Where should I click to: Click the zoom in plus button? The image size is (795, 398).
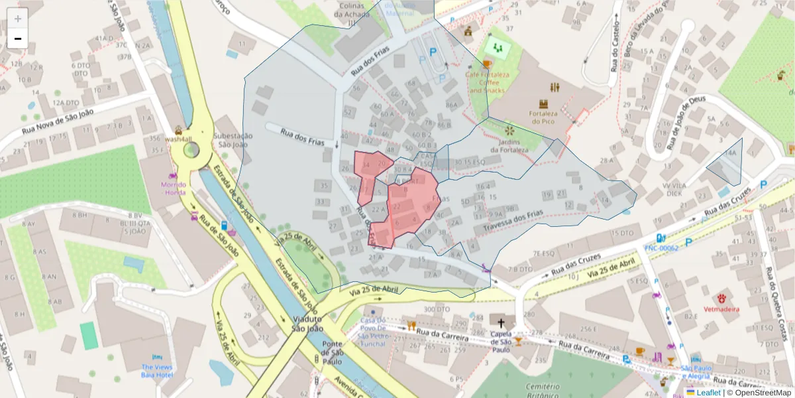tap(18, 19)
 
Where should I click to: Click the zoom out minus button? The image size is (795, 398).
tap(18, 38)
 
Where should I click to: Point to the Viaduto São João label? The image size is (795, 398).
tap(307, 323)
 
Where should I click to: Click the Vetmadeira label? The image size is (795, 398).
tap(722, 309)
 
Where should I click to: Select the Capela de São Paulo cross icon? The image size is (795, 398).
tap(502, 320)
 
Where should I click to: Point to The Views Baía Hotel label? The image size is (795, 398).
tap(156, 370)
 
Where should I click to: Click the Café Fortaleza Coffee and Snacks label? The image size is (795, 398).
tap(486, 82)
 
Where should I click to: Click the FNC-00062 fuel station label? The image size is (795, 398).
tap(661, 248)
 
